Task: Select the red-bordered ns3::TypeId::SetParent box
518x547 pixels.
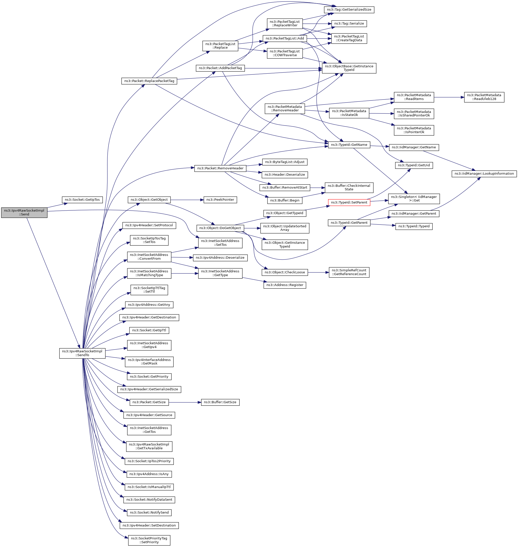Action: pos(349,202)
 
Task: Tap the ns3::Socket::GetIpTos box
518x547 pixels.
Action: pos(82,199)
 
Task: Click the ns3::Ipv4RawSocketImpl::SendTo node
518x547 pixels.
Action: pos(82,353)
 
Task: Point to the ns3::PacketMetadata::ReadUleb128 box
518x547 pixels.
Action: pos(484,97)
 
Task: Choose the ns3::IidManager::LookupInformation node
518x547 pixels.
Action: pos(484,174)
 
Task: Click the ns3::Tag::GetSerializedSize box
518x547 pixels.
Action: pos(349,10)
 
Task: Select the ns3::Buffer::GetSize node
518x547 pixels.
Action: pos(220,402)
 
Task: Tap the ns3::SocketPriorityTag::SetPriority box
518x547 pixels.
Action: pos(149,540)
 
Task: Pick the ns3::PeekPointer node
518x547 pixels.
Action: pos(220,199)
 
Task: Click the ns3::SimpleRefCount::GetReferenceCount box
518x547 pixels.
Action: pos(349,272)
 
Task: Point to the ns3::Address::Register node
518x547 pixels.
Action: pos(284,285)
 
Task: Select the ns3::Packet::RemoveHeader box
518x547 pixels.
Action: pos(220,168)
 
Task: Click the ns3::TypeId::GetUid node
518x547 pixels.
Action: pos(414,165)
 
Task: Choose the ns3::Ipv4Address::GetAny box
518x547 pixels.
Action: pos(149,305)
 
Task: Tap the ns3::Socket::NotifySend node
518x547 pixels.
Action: pos(149,513)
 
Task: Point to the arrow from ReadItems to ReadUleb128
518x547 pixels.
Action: pos(449,97)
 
